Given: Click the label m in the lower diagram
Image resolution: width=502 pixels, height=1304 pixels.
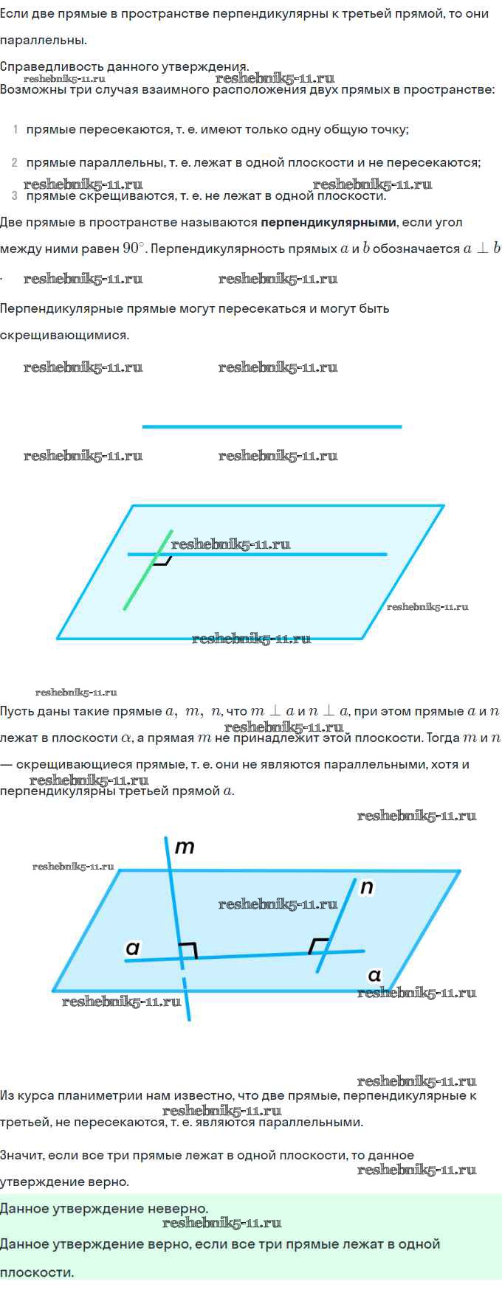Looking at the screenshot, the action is point(185,847).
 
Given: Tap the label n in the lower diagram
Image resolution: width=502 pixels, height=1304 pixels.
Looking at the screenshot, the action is point(367,887).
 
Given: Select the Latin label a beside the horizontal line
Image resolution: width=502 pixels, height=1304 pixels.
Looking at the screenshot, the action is point(133,948).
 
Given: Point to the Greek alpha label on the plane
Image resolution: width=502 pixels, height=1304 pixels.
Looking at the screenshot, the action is point(375,976).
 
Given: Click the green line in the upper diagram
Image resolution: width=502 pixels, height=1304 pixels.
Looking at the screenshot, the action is point(148,569).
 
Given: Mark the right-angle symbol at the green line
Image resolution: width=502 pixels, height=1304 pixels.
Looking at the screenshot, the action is point(163,560).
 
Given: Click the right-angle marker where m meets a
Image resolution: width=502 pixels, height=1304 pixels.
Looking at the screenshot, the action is point(189,950).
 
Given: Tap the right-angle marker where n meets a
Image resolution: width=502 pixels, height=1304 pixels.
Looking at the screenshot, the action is point(318,946).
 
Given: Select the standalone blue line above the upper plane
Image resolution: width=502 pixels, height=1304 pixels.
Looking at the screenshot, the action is point(272,426).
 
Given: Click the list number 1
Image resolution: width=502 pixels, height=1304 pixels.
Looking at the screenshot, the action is point(16,130).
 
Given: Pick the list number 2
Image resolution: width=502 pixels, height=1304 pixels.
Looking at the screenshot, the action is point(15,162).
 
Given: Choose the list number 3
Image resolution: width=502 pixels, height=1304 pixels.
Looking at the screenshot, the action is point(15,195).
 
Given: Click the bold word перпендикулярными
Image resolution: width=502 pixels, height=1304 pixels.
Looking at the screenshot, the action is point(329,222).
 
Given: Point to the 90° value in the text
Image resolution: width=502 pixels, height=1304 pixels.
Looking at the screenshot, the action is point(134,248).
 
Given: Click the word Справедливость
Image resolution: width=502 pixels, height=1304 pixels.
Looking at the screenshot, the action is point(49,66).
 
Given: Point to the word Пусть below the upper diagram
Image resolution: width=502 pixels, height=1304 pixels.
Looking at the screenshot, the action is point(17,712).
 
